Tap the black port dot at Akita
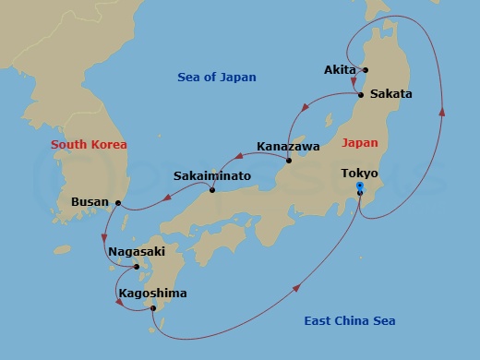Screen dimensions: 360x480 366,70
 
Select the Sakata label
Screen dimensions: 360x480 390,93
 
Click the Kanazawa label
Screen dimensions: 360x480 288,146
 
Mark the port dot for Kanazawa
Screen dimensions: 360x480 288,161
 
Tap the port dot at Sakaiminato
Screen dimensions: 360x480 212,190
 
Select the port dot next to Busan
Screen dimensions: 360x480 118,202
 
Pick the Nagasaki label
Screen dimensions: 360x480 137,249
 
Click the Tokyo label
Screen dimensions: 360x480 358,173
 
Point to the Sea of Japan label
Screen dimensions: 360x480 217,78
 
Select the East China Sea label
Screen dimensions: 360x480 350,320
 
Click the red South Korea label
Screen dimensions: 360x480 89,144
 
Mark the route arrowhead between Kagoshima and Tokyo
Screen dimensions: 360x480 298,290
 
